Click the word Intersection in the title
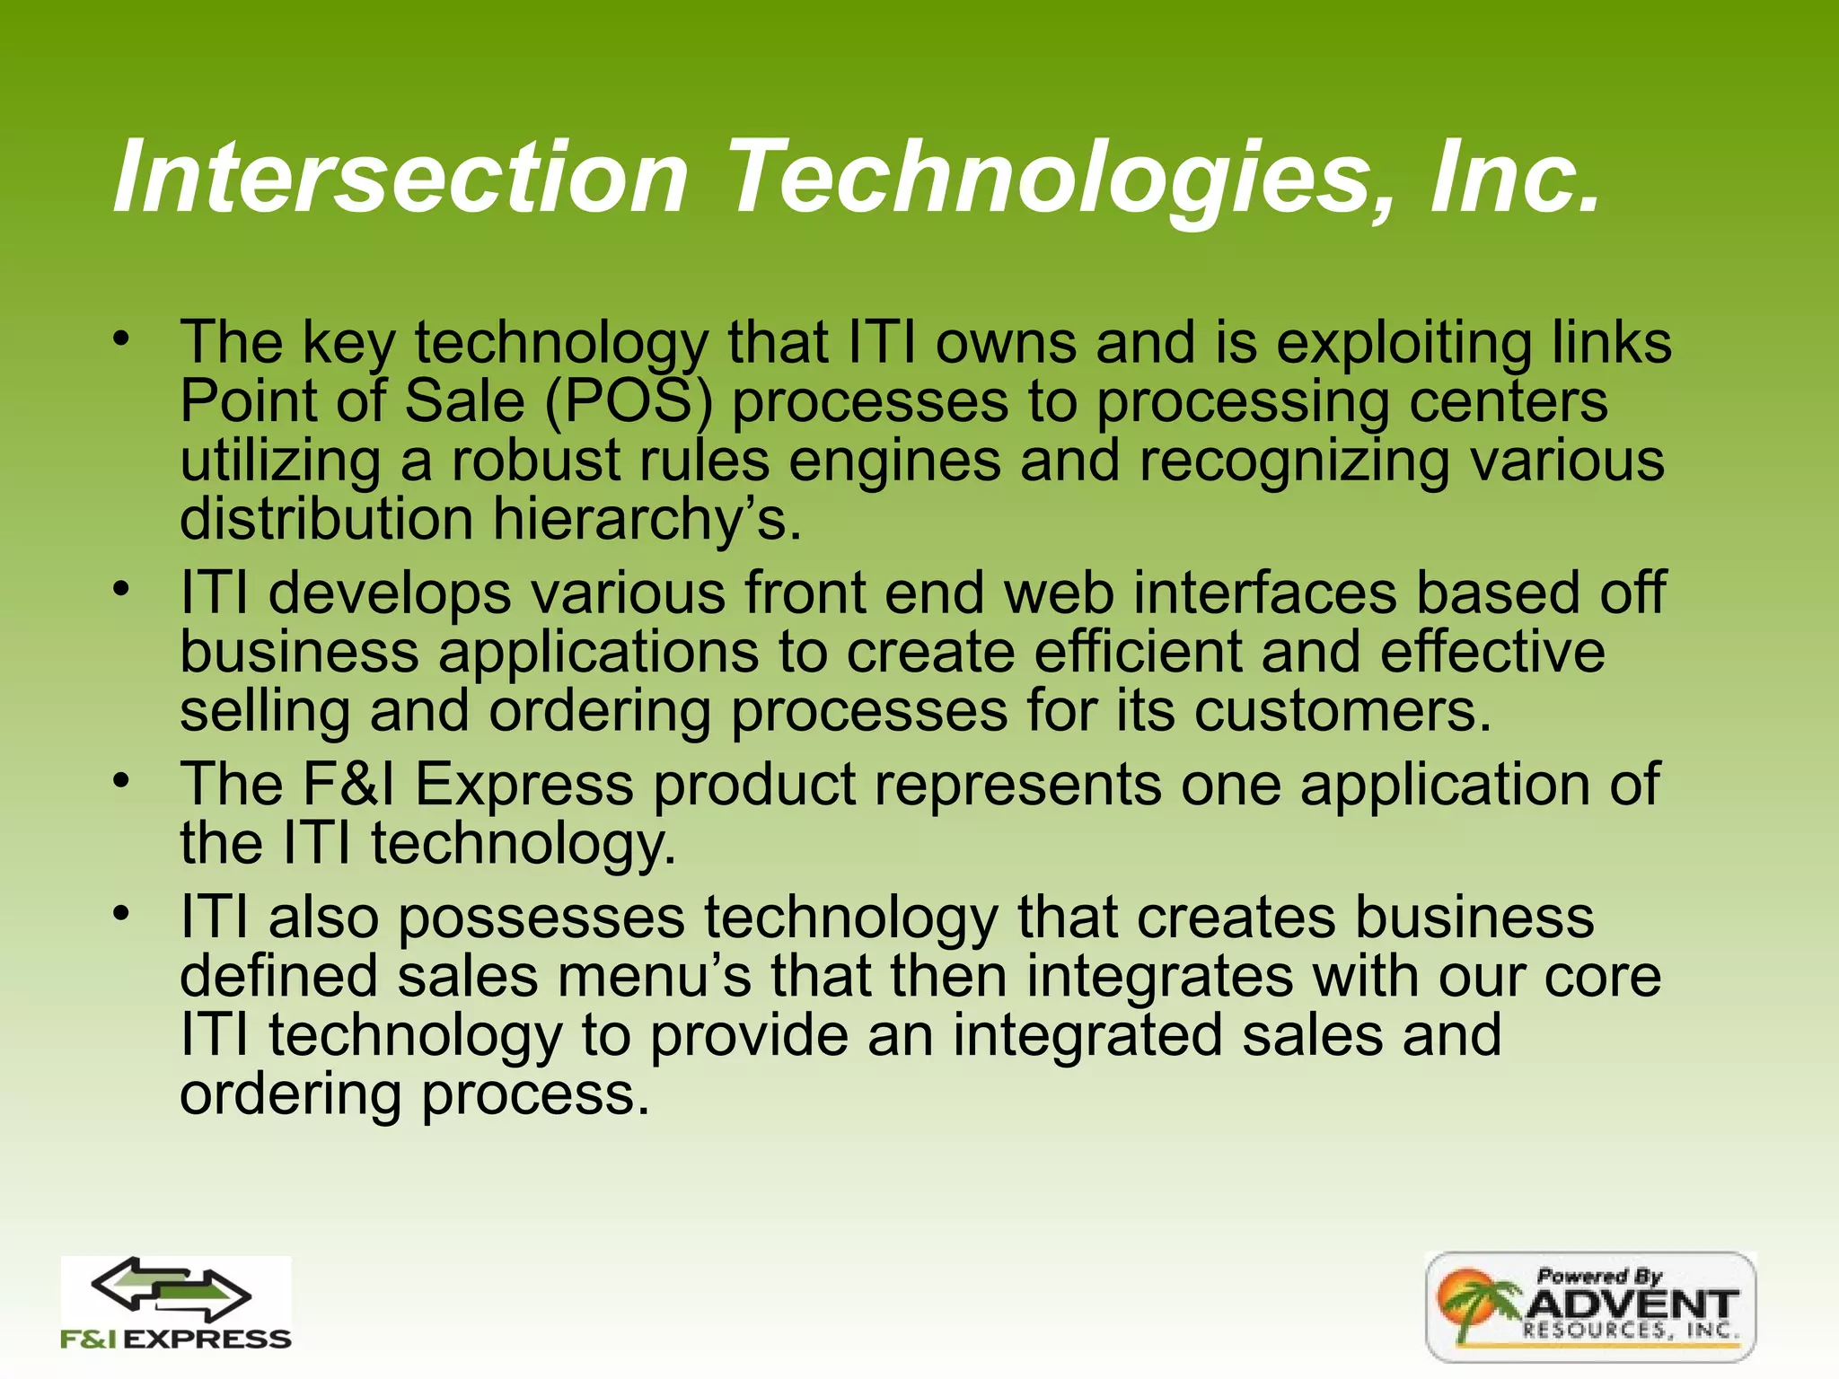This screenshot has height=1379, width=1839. tap(400, 177)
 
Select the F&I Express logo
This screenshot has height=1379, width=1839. tap(176, 1304)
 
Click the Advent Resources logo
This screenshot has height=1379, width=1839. tap(1590, 1306)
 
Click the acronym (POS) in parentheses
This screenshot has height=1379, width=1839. tap(628, 401)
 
